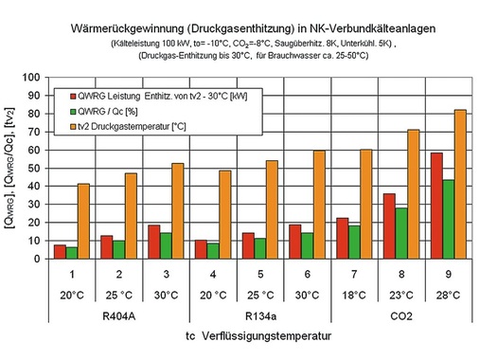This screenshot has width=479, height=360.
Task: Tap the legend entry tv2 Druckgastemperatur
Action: [143, 127]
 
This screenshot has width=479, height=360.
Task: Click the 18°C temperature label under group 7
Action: [349, 294]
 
